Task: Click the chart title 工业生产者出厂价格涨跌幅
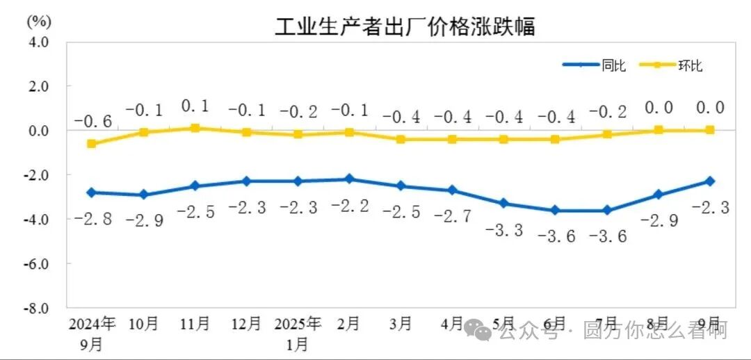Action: pos(405,28)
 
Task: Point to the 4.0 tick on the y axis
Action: pos(39,42)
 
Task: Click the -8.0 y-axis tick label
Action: pos(38,308)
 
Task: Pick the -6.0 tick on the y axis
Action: pos(38,264)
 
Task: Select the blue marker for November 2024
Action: pos(195,186)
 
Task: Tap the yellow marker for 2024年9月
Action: pos(92,144)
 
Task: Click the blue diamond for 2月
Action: pos(350,179)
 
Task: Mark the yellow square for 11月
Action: pos(195,128)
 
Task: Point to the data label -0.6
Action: pos(92,122)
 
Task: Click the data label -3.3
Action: pos(505,230)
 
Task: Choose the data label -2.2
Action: pos(350,207)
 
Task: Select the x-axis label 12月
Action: pos(246,324)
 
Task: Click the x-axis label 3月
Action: pos(401,324)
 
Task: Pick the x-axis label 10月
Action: pos(144,324)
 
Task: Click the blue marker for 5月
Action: pos(504,204)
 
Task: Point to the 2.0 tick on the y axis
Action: pos(39,86)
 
